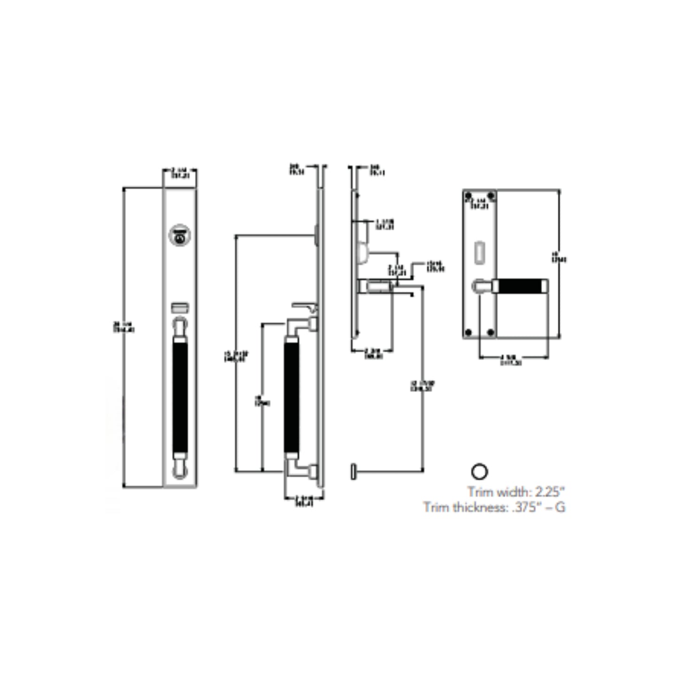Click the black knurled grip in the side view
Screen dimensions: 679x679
click(x=292, y=397)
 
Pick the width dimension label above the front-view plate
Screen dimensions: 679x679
click(x=180, y=173)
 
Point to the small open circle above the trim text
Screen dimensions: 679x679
click(x=479, y=471)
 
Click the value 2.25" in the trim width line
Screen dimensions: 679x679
click(x=548, y=492)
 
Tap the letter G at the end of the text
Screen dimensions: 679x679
click(x=560, y=507)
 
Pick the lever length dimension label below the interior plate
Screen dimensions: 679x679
click(x=512, y=360)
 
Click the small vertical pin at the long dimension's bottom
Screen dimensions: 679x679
click(x=353, y=471)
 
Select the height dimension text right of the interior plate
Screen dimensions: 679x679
click(x=559, y=257)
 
